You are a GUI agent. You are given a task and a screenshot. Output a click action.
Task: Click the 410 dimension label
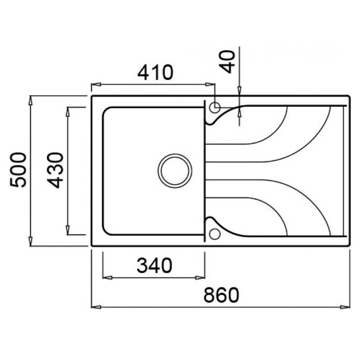(155, 73)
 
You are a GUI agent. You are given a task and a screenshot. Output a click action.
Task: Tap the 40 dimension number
(227, 62)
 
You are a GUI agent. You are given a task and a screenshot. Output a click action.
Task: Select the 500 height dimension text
(18, 170)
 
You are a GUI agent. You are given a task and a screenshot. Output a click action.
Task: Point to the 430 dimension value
(55, 170)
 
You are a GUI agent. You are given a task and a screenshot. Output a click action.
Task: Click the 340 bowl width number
(154, 265)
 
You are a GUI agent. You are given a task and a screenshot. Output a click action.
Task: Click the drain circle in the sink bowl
(175, 171)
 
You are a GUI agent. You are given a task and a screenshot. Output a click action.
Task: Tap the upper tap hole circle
(215, 107)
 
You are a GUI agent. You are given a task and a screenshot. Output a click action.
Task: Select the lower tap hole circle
(215, 234)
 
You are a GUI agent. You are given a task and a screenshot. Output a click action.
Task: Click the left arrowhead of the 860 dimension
(96, 307)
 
